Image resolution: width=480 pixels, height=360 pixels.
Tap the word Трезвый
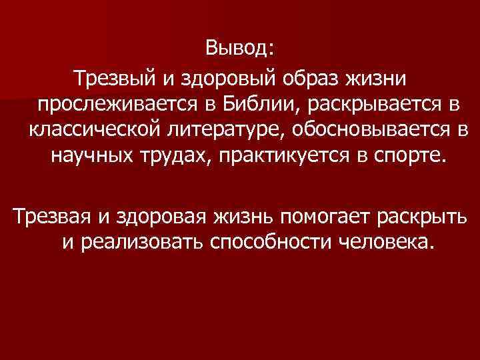[x=117, y=79]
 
